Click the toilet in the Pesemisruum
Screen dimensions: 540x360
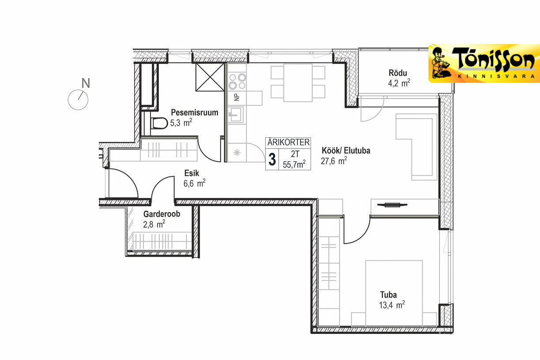pyautogui.click(x=159, y=124)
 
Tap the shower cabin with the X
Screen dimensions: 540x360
pyautogui.click(x=210, y=77)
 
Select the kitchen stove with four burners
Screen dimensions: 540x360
pyautogui.click(x=237, y=82)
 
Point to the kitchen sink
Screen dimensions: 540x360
pyautogui.click(x=236, y=115)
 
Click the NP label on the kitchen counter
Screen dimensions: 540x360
pyautogui.click(x=237, y=97)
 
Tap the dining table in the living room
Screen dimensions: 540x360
pyautogui.click(x=298, y=82)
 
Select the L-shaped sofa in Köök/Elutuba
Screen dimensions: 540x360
pyautogui.click(x=416, y=147)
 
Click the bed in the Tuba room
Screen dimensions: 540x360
pyautogui.click(x=394, y=293)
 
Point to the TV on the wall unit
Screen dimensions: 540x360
pyautogui.click(x=392, y=205)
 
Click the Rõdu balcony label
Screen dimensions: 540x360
pyautogui.click(x=398, y=73)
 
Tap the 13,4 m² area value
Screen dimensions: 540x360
pyautogui.click(x=392, y=305)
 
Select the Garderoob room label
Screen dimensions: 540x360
pyautogui.click(x=162, y=214)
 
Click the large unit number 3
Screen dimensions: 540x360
pyautogui.click(x=272, y=160)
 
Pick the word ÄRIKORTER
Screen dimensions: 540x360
pyautogui.click(x=289, y=142)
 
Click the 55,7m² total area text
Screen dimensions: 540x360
pyautogui.click(x=294, y=164)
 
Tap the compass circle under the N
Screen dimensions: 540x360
pyautogui.click(x=78, y=100)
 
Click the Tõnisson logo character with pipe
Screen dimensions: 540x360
pyautogui.click(x=440, y=63)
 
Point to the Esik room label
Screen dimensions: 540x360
pyautogui.click(x=191, y=173)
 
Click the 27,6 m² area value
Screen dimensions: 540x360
pyautogui.click(x=334, y=161)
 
